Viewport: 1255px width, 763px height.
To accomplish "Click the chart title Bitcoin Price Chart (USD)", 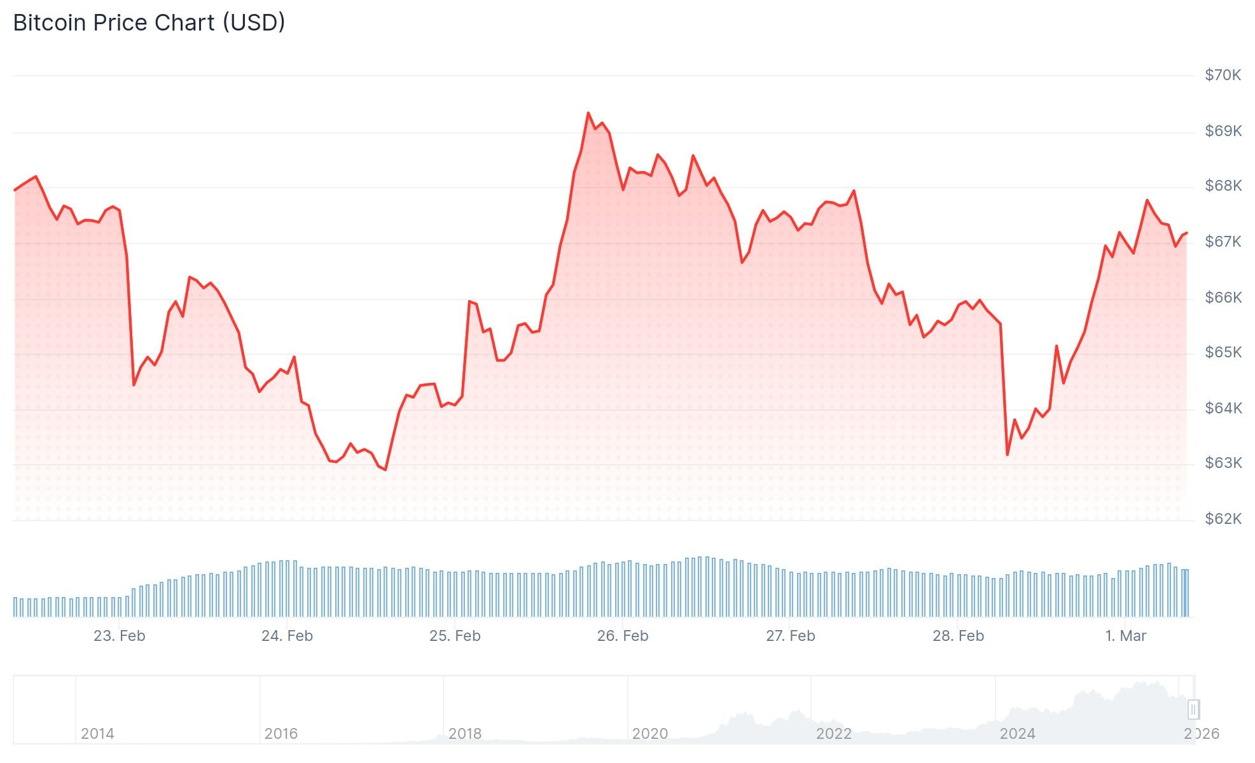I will pos(149,23).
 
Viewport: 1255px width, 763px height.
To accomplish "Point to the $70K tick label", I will pos(1223,75).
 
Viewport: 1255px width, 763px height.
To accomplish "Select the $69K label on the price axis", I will pos(1223,131).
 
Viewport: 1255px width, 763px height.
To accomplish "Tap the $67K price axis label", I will pos(1223,242).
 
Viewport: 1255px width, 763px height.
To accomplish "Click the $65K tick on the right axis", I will pos(1223,352).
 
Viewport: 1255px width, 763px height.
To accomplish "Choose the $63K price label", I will pos(1223,463).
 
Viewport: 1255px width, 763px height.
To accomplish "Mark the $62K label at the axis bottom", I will pos(1223,519).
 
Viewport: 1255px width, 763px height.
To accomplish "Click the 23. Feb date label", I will pos(120,636).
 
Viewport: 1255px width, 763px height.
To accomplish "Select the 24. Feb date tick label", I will pos(287,636).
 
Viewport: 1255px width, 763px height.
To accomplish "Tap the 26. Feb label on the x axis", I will pos(622,636).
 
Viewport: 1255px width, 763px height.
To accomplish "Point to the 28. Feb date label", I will pos(958,636).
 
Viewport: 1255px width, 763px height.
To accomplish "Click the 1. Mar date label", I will pos(1125,636).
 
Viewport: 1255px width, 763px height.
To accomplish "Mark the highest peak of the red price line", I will pos(588,113).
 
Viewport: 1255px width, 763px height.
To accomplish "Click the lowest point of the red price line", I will pos(385,470).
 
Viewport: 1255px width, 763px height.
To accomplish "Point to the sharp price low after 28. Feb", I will pos(1008,454).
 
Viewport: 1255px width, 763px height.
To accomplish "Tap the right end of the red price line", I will pos(1187,233).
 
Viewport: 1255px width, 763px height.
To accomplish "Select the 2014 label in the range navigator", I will pos(97,734).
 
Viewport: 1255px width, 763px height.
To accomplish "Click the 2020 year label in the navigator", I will pos(649,734).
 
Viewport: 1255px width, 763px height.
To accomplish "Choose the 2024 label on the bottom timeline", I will pos(1017,734).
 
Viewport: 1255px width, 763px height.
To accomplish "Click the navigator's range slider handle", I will pos(1193,709).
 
